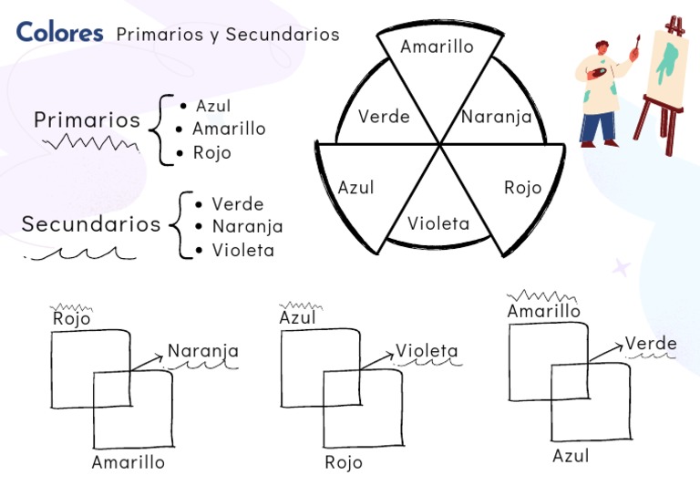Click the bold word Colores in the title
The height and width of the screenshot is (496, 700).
point(59,33)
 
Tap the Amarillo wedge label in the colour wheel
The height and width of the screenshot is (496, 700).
point(437,46)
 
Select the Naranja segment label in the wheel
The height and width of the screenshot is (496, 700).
point(496,117)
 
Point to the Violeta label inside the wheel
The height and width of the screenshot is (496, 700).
point(438,223)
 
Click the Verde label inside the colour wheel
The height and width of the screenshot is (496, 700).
point(384,117)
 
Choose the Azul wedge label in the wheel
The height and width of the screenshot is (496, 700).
point(355,188)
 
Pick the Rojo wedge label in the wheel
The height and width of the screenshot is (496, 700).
point(522,188)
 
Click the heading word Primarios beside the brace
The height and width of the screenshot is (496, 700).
point(87,120)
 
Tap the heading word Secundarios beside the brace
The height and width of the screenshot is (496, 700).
point(91,224)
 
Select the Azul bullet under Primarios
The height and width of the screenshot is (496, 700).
point(212,106)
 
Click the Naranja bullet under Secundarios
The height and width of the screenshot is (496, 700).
point(247,226)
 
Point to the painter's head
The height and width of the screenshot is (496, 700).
point(601,50)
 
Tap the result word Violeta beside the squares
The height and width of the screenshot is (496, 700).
point(427,351)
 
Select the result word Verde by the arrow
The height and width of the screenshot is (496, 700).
point(651,344)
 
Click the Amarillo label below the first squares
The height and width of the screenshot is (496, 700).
point(129,462)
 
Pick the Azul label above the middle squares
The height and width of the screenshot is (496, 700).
point(298,317)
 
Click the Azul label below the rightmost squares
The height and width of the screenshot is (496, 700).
point(571,456)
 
